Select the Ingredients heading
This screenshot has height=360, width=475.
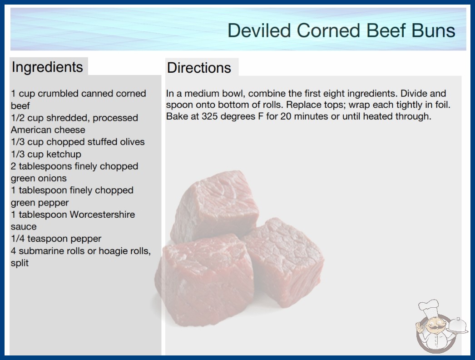click(x=47, y=67)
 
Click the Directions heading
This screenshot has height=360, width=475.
click(x=199, y=68)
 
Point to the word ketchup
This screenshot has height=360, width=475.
click(x=64, y=154)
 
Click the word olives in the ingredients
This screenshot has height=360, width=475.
click(x=133, y=142)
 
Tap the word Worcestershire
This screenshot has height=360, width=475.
click(x=102, y=215)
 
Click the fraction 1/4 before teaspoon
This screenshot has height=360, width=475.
click(x=18, y=239)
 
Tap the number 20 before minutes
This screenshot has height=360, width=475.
click(x=286, y=116)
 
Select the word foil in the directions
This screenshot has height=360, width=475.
click(x=443, y=105)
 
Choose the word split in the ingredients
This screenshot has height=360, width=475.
click(x=20, y=263)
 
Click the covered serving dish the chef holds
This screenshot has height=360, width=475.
click(x=458, y=326)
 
